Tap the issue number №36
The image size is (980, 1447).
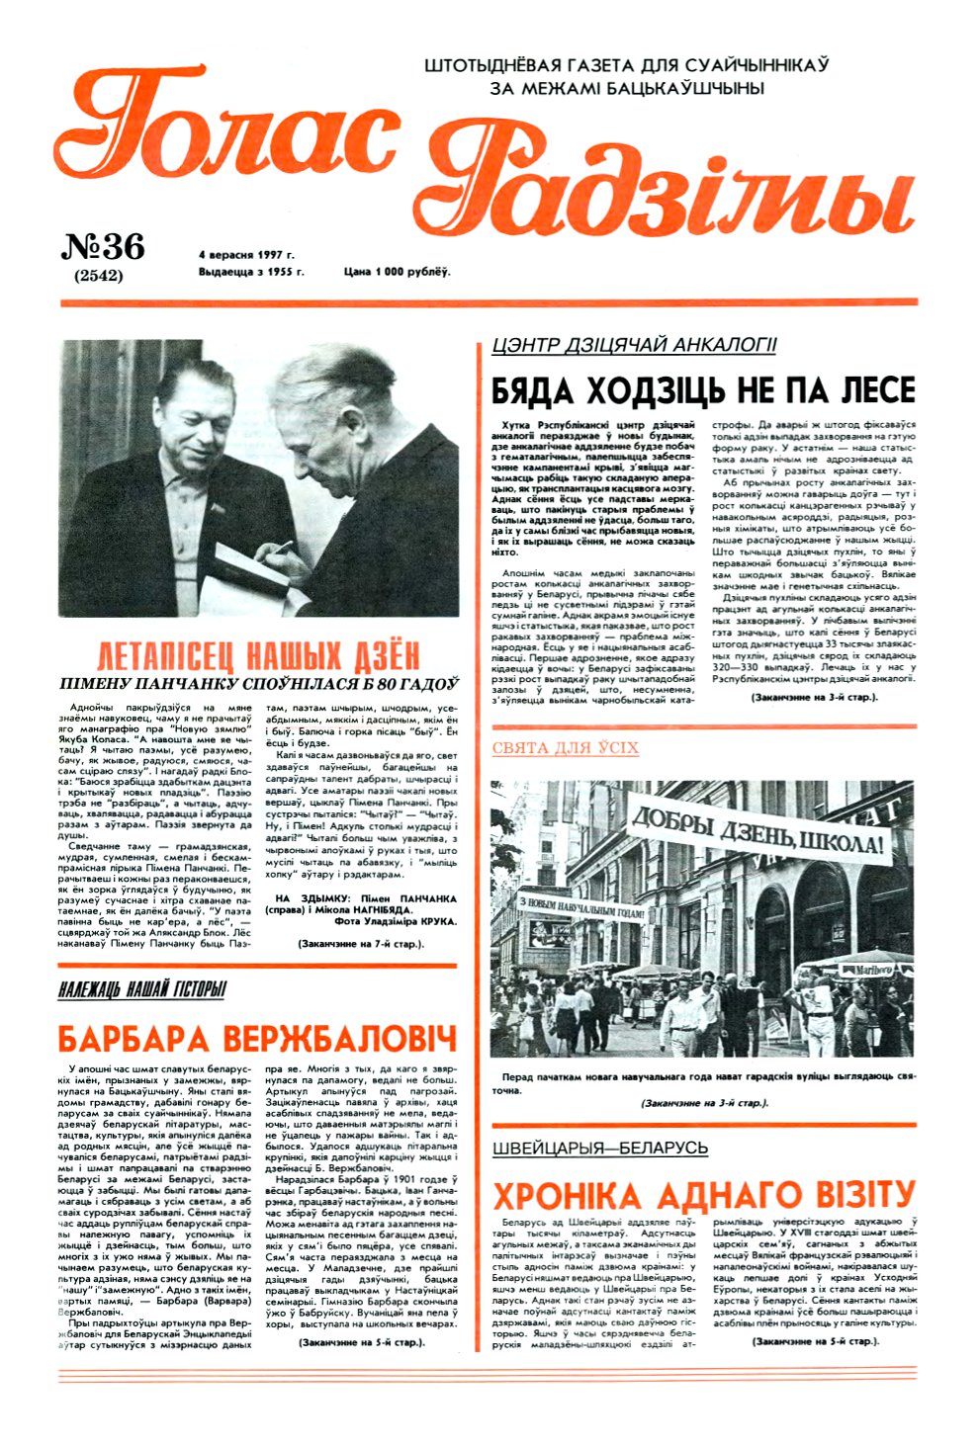point(103,246)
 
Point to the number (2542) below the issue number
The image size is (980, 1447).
point(99,276)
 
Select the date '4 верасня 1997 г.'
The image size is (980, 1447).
point(246,255)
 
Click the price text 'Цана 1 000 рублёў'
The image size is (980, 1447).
point(397,272)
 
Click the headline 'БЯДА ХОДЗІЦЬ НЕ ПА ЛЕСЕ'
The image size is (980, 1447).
point(703,388)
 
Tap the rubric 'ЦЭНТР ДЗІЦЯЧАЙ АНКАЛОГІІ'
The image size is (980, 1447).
point(634,345)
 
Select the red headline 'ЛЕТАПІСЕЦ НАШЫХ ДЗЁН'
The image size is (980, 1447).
point(258,656)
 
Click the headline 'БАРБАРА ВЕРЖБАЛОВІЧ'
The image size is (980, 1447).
point(257,1039)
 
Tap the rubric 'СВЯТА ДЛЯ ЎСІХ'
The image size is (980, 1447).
point(565,748)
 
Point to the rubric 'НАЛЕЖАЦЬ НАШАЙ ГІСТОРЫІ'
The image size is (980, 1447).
point(142,989)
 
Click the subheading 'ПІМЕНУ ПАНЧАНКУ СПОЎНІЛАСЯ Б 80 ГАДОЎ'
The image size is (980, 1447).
point(258,684)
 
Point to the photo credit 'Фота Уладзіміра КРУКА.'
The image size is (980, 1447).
point(396,920)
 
